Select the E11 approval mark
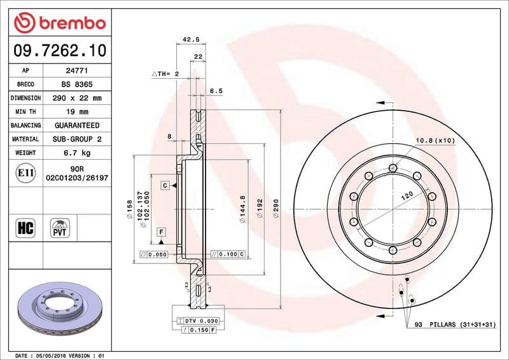pos(26,172)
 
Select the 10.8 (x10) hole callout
pos(435,140)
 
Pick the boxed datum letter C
pos(164,185)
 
